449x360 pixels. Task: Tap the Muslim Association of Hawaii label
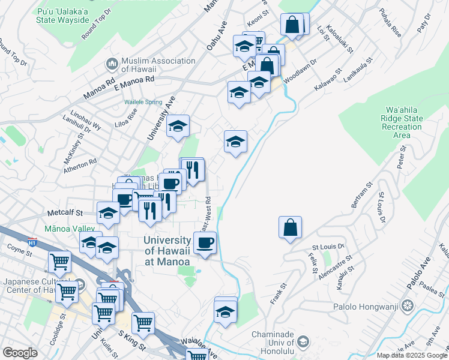(158, 65)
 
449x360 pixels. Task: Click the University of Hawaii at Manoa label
(167, 251)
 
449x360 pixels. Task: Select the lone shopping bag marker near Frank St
(290, 227)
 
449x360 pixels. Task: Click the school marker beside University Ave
(178, 126)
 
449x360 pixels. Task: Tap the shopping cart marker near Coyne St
(60, 262)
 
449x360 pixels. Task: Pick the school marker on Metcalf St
(108, 212)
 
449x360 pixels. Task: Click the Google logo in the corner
(20, 353)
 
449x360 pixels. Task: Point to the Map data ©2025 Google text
(412, 355)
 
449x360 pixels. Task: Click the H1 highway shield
(32, 242)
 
